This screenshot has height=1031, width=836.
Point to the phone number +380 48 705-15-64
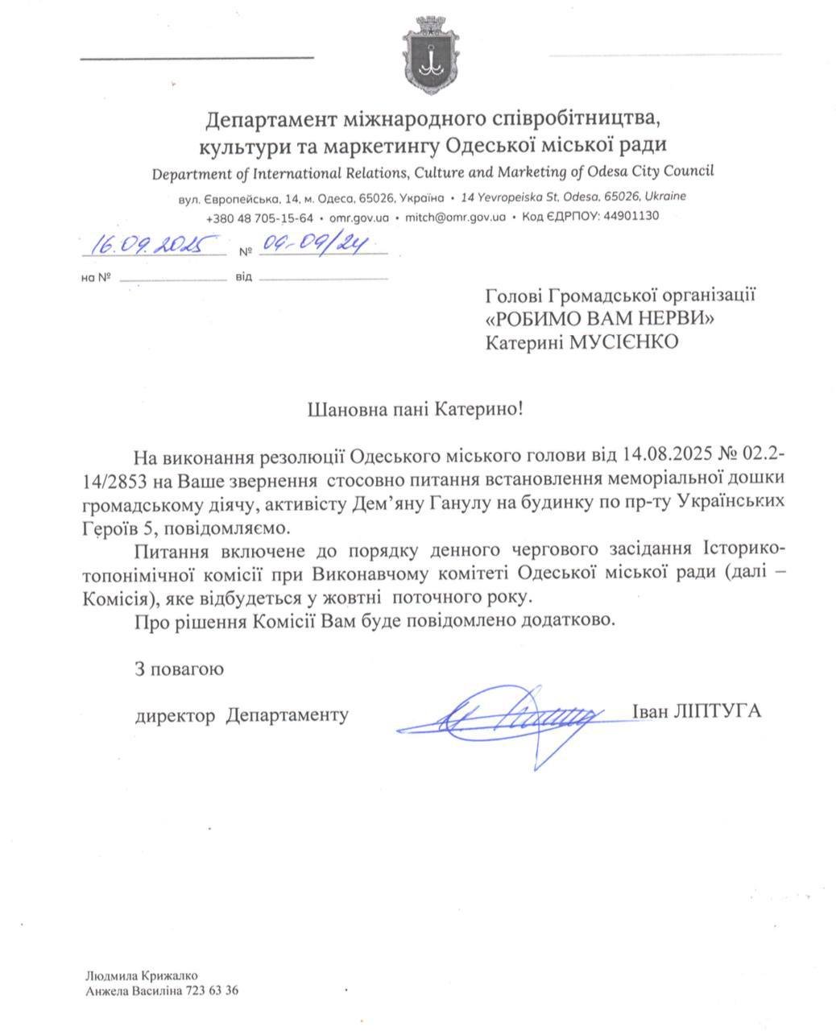click(x=259, y=217)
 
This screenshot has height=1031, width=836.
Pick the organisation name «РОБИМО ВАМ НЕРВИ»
click(x=601, y=318)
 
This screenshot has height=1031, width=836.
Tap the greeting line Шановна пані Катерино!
click(x=416, y=409)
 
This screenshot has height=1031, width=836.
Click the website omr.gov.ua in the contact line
click(x=360, y=217)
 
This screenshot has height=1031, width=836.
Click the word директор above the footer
click(x=175, y=714)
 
